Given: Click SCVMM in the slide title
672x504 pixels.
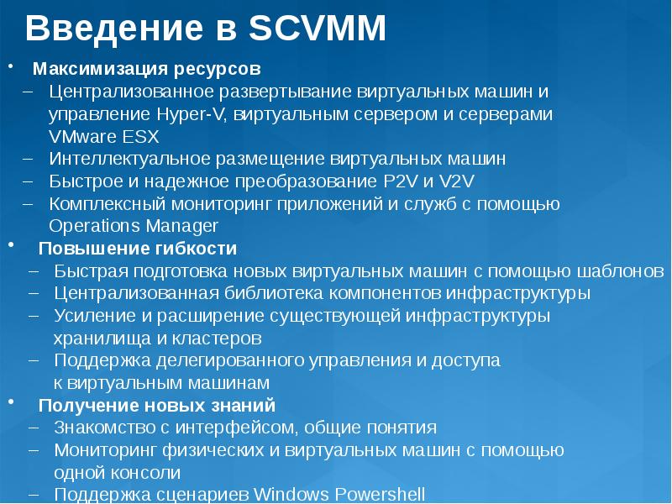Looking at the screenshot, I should (318, 29).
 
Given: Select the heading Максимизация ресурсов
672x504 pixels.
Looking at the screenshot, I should (147, 67).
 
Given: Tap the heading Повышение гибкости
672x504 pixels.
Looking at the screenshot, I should (138, 249).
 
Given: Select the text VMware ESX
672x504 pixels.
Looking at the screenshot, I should (103, 136).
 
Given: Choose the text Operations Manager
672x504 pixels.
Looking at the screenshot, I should (134, 226).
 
